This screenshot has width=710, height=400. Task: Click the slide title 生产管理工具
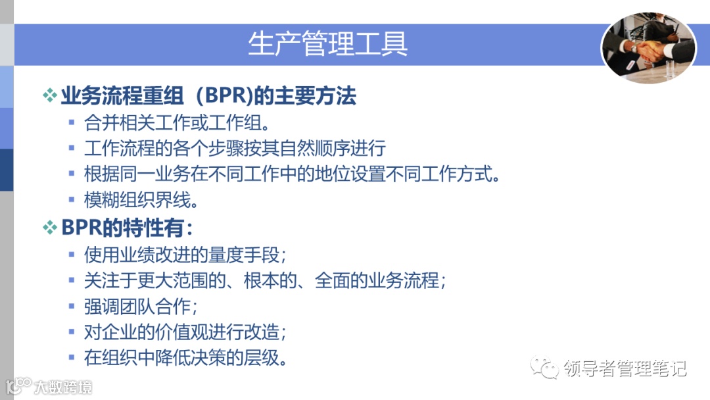[327, 43]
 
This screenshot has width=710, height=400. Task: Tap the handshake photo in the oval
[648, 48]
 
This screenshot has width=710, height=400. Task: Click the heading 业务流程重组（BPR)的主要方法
[208, 97]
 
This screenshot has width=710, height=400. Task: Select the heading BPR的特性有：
[127, 228]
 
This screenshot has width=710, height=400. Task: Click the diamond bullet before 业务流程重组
[50, 97]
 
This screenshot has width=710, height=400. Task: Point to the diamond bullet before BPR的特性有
[50, 228]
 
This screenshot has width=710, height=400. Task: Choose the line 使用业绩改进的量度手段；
[186, 254]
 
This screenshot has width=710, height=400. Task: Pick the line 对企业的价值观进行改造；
[186, 332]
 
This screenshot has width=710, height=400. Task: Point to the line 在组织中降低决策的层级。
[186, 359]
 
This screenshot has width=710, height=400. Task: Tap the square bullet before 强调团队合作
[72, 307]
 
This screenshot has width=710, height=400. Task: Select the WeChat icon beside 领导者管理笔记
[546, 368]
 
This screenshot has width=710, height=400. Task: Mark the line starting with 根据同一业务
[293, 174]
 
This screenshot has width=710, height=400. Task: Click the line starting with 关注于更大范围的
[266, 280]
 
